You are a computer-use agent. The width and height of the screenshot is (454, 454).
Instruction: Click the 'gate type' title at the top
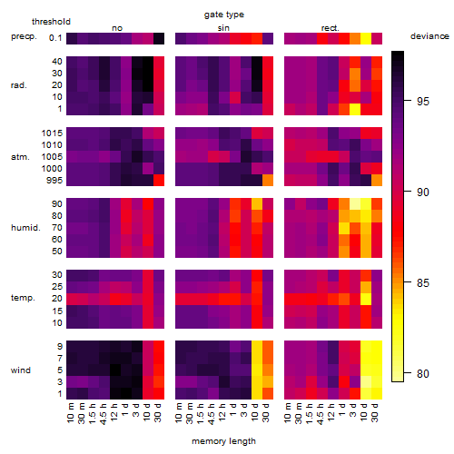224,15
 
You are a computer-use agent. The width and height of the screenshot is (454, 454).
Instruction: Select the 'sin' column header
223,28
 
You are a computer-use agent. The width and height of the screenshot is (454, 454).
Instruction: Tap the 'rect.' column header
330,28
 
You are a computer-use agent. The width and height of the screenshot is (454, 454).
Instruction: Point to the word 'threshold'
51,22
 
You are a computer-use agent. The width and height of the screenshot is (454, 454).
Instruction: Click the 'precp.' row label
24,36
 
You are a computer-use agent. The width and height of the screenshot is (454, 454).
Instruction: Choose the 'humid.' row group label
25,227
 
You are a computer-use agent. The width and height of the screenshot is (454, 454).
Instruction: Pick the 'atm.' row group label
20,157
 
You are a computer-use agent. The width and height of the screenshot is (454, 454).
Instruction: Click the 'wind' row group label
21,370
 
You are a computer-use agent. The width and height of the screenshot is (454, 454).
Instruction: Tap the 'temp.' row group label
23,298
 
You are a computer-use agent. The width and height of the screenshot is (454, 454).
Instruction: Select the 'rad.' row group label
19,85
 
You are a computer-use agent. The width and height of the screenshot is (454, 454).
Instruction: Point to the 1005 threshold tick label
52,157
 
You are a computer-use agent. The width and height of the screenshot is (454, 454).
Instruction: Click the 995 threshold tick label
54,181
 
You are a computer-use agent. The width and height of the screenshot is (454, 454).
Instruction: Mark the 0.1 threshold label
55,38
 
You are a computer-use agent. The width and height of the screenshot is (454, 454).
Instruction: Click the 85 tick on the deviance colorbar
423,282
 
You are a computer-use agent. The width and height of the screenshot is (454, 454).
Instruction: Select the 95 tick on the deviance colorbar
423,101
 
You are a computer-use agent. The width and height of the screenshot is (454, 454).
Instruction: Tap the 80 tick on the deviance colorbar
423,373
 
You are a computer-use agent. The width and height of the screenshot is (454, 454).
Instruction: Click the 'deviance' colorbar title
429,36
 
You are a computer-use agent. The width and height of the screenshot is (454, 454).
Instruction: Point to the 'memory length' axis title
223,441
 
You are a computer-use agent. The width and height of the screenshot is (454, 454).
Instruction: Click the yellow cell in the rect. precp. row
366,38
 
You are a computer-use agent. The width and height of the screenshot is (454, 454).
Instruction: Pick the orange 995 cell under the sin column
268,181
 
